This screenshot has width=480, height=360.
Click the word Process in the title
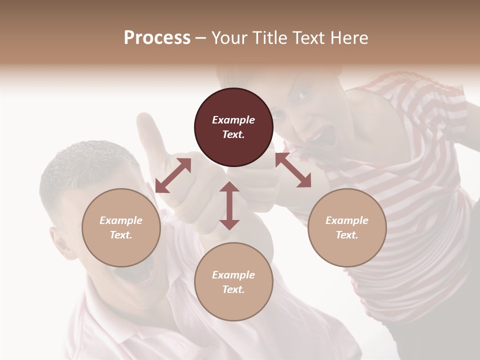157,38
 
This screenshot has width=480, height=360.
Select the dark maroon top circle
233,127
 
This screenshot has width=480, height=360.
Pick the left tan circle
121,227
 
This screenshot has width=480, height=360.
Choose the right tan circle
347,227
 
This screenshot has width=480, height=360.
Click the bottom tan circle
233,281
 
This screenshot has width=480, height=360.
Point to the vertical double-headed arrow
229,205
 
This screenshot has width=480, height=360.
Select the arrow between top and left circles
173,175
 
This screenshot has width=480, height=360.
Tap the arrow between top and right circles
293,170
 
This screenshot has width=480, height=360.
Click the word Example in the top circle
233,120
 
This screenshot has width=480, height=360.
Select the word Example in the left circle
121,220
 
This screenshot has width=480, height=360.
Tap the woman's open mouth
325,136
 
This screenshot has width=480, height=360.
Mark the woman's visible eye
303,93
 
